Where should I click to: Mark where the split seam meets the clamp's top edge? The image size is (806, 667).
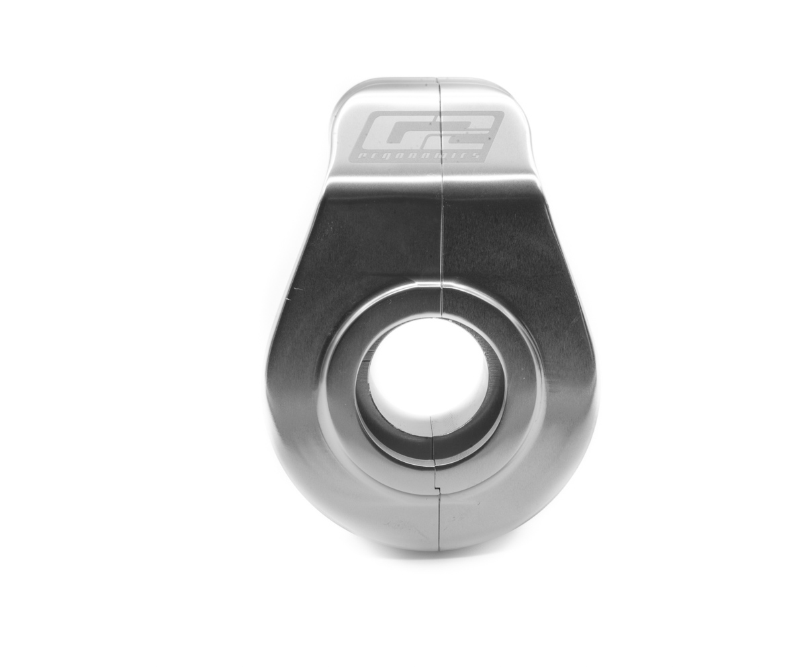pyautogui.click(x=439, y=79)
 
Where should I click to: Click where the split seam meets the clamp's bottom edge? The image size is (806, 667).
pyautogui.click(x=439, y=549)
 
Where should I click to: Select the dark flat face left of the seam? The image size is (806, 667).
pyautogui.click(x=376, y=235)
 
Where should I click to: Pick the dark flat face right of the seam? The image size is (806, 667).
pyautogui.click(x=504, y=235)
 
